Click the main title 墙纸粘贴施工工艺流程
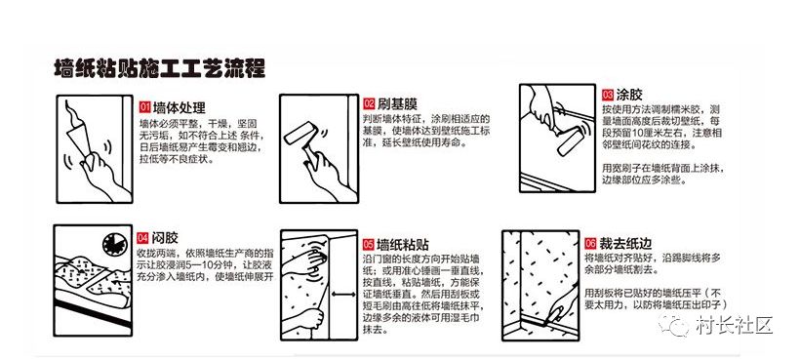[x=159, y=68]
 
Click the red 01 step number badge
[x=145, y=107]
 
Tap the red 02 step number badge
[x=370, y=103]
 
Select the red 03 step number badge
[x=608, y=95]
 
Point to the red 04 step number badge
[x=143, y=238]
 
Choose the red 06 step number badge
[x=591, y=243]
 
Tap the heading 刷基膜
[x=397, y=104]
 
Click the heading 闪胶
[x=165, y=238]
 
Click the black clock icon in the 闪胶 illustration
[x=115, y=245]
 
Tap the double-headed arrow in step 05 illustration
[x=344, y=294]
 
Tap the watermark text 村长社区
[x=734, y=325]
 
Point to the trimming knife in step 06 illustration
[x=555, y=317]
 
